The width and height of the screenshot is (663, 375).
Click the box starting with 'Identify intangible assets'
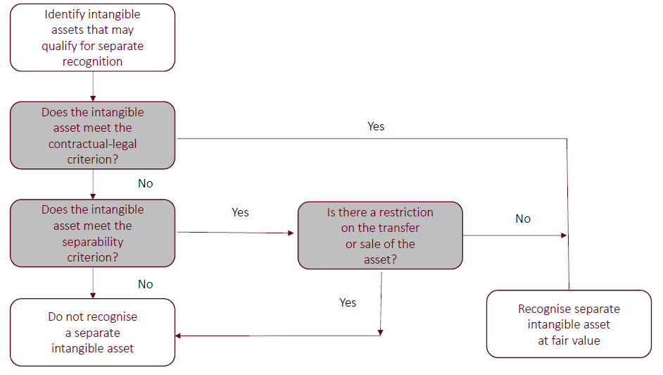click(92, 37)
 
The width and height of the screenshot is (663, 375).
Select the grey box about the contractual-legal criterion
click(92, 135)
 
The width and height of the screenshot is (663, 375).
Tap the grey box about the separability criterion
click(92, 233)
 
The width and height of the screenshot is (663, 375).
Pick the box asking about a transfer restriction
click(380, 235)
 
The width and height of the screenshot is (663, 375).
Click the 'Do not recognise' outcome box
click(92, 332)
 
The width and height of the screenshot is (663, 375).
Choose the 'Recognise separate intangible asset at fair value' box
click(569, 324)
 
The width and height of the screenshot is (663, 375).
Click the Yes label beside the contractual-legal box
click(376, 127)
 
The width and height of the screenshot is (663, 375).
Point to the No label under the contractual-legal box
click(146, 183)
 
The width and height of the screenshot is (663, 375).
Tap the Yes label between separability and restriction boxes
click(240, 212)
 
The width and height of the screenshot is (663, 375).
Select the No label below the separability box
click(146, 284)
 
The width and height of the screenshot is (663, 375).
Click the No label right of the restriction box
click(523, 219)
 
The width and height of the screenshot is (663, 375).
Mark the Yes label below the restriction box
click(348, 302)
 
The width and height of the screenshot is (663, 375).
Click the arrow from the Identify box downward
click(93, 86)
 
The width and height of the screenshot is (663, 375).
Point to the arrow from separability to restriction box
click(235, 233)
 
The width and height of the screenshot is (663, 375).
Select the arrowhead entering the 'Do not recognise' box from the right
click(179, 336)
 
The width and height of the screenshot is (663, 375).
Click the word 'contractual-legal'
click(92, 144)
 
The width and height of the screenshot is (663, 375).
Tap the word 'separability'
click(92, 242)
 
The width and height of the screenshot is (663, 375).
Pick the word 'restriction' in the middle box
click(402, 212)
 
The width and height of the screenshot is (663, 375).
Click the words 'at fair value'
click(569, 340)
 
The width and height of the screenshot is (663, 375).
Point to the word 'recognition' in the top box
click(92, 61)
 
